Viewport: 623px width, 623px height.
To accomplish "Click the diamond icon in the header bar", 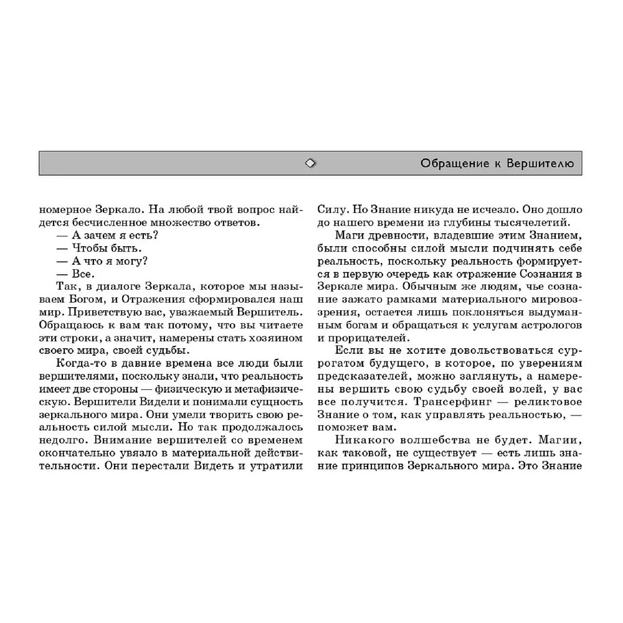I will (310, 163).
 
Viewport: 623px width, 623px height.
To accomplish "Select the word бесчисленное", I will (117, 222).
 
